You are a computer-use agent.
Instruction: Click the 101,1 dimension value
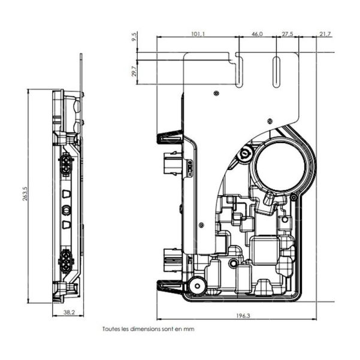pyautogui.click(x=198, y=34)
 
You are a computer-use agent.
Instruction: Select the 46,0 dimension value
pyautogui.click(x=257, y=34)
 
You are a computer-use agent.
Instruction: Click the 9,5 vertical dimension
pyautogui.click(x=135, y=37)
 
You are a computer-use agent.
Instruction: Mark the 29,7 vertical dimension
pyautogui.click(x=135, y=71)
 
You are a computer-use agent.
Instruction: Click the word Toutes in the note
pyautogui.click(x=112, y=329)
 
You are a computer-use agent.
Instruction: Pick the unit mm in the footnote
pyautogui.click(x=189, y=329)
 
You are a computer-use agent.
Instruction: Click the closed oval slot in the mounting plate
pyautogui.click(x=276, y=72)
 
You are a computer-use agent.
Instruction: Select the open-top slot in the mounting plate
pyautogui.click(x=239, y=69)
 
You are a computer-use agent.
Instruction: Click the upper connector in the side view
pyautogui.click(x=65, y=164)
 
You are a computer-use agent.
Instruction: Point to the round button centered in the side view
pyautogui.click(x=66, y=210)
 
